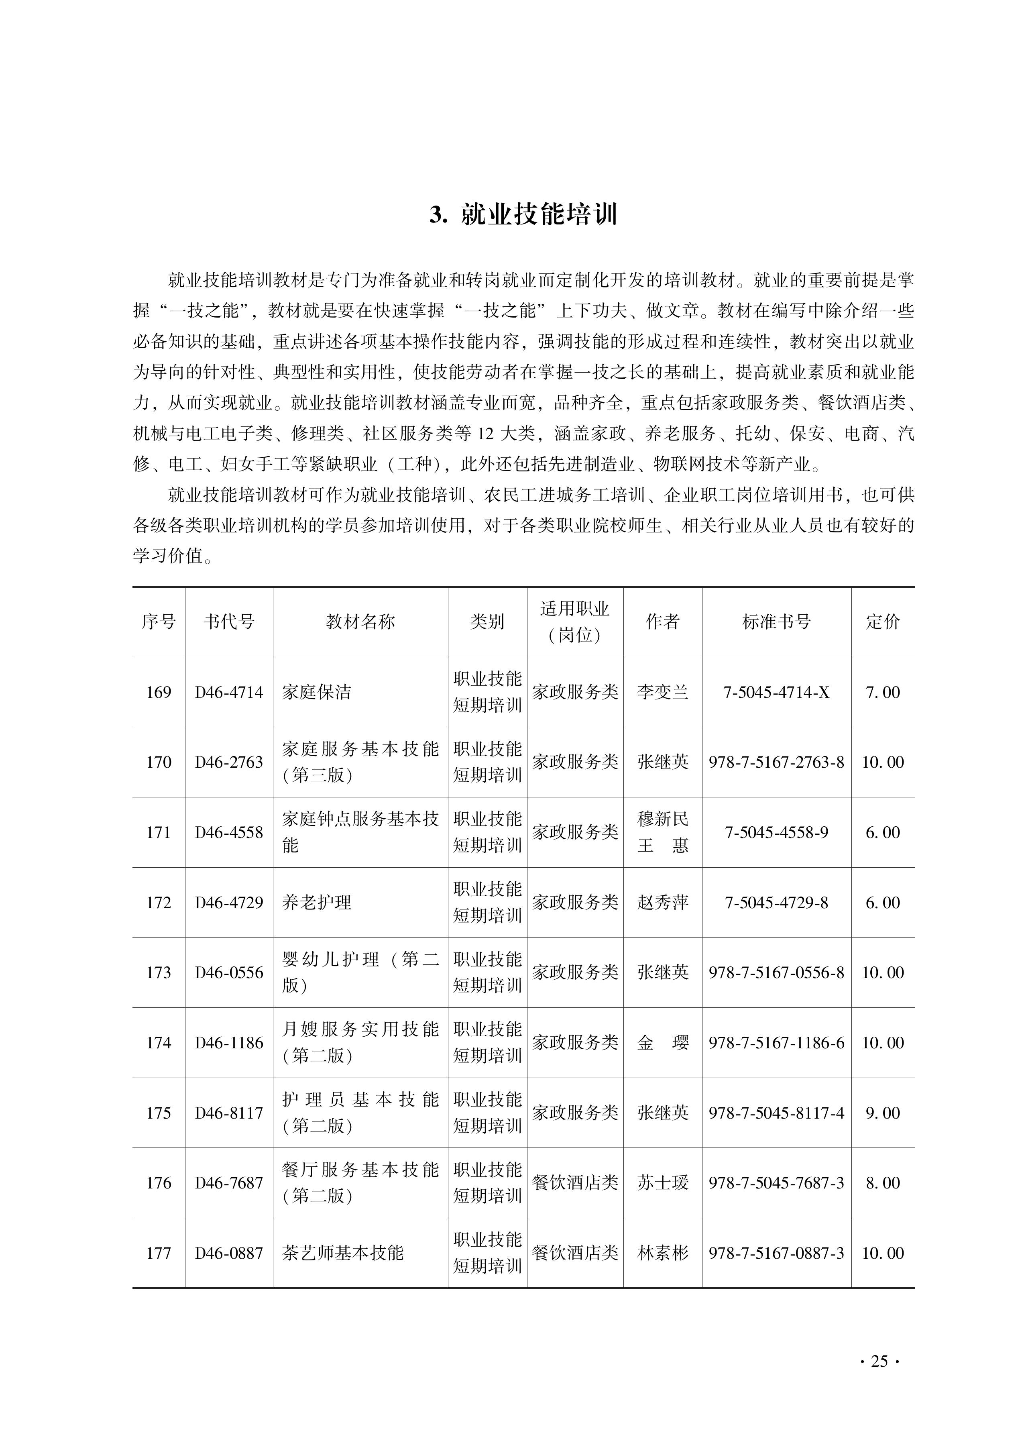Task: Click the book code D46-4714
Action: pyautogui.click(x=229, y=692)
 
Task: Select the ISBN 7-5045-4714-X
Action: pyautogui.click(x=776, y=692)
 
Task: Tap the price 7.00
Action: pyautogui.click(x=883, y=692)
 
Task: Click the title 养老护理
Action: pyautogui.click(x=317, y=902)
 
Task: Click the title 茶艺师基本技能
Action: pyautogui.click(x=342, y=1252)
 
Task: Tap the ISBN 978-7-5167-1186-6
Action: pyautogui.click(x=776, y=1042)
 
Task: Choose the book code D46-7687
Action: pyautogui.click(x=229, y=1182)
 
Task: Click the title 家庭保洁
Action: pyautogui.click(x=317, y=692)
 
